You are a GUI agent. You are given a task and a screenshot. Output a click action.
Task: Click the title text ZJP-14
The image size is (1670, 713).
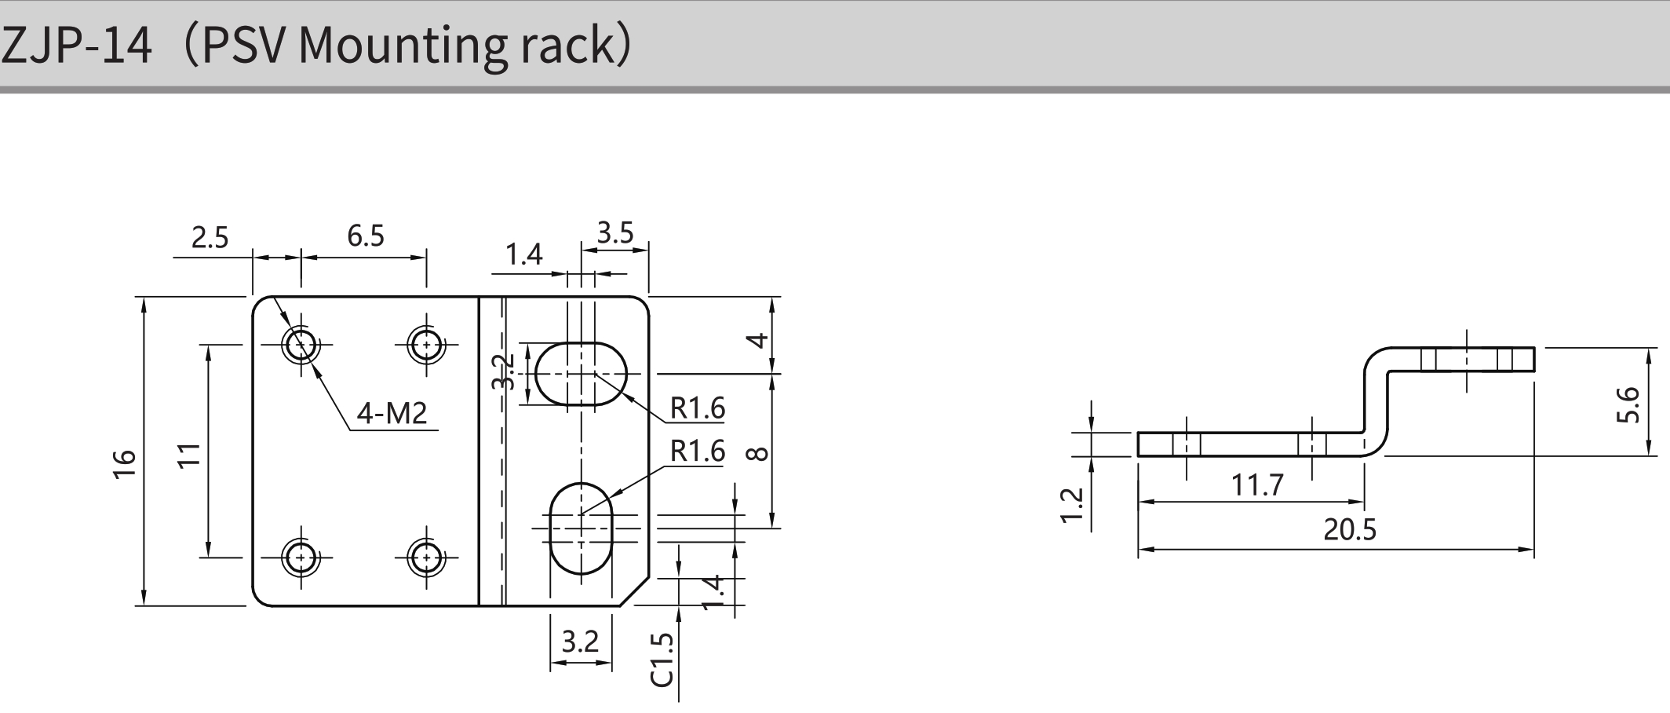[x=77, y=45]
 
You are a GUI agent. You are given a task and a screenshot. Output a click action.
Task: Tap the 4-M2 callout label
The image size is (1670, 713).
[x=392, y=413]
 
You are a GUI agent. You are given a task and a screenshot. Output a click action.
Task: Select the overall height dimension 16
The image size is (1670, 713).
[x=126, y=463]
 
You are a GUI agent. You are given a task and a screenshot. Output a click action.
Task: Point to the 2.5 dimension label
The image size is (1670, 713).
[x=210, y=237]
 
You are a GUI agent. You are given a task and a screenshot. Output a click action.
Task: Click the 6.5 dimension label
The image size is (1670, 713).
[x=366, y=236]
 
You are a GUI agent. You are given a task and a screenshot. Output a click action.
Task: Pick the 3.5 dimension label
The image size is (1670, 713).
[x=614, y=232]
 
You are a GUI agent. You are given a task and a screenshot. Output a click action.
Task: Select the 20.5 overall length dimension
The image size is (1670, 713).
[x=1350, y=530]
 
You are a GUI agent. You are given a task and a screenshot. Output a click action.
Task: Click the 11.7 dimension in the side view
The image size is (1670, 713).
[x=1257, y=485]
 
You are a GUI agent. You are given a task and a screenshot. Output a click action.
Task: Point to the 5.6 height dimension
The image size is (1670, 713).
[x=1628, y=404]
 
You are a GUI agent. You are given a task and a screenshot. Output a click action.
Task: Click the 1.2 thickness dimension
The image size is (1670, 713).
[x=1072, y=505]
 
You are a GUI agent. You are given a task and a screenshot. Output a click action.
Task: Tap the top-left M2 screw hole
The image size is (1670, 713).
[x=301, y=344]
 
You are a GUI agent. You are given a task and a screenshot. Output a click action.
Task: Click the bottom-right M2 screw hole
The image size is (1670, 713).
[x=426, y=558]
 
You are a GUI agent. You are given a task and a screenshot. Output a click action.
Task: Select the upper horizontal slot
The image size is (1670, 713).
[x=582, y=374]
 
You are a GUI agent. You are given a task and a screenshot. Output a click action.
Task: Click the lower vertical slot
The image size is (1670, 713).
[x=581, y=528]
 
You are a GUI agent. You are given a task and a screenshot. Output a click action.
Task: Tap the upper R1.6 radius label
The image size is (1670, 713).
[x=697, y=408]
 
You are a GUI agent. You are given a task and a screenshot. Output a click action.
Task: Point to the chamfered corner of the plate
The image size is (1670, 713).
[x=635, y=591]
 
